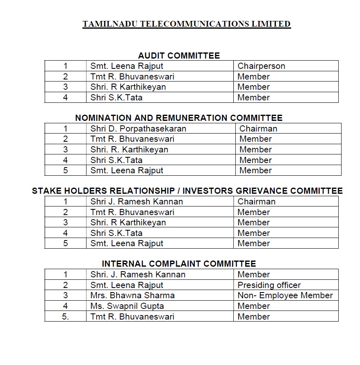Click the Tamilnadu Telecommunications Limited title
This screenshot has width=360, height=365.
tap(187, 24)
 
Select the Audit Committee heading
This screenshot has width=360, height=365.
tap(179, 56)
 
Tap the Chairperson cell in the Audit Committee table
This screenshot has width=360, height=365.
tap(261, 66)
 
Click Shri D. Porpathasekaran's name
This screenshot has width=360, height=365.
tap(138, 129)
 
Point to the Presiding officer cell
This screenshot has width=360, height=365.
tap(269, 285)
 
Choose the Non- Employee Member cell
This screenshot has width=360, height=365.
tap(285, 295)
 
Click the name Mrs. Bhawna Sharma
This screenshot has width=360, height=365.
tap(132, 295)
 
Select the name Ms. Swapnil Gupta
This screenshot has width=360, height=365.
tap(128, 306)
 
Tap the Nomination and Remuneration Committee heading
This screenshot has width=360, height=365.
tap(179, 118)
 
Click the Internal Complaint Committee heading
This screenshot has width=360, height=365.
tap(179, 264)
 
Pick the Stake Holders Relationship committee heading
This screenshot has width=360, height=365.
tap(187, 191)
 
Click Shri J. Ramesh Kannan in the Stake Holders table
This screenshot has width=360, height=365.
tap(137, 202)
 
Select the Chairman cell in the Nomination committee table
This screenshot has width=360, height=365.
tap(258, 129)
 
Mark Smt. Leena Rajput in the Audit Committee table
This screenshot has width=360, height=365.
tap(127, 66)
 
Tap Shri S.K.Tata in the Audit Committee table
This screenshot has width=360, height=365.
tap(116, 97)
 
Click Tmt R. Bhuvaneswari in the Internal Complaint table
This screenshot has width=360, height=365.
tap(132, 317)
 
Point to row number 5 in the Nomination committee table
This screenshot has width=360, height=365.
tap(66, 170)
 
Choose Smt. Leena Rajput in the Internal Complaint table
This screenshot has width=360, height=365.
tap(127, 285)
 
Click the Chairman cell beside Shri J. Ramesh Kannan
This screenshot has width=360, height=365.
tap(256, 202)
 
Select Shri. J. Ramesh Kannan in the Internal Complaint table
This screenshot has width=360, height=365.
tap(138, 274)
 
